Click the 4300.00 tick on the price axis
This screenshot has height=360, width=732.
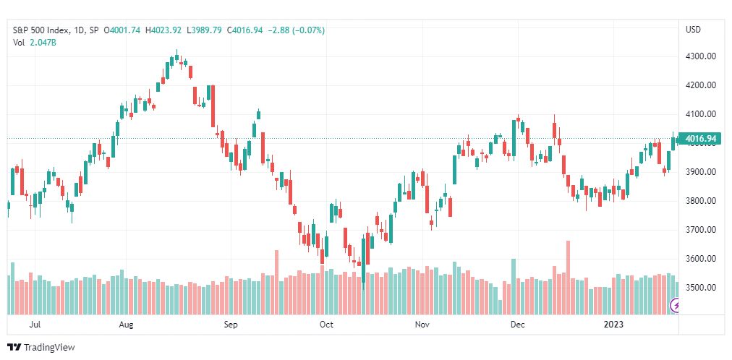[x=701, y=56]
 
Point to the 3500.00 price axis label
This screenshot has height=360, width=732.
[x=701, y=287]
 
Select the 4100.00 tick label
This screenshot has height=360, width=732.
[x=701, y=114]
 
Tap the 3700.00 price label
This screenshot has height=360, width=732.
[x=701, y=229]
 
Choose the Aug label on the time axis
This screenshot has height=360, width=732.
[x=126, y=325]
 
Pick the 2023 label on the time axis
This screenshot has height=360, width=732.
[x=613, y=325]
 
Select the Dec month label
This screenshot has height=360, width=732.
[x=517, y=325]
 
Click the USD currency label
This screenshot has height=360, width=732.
[x=693, y=30]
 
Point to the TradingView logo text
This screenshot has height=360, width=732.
[x=48, y=348]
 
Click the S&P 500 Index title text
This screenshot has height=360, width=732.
[x=41, y=30]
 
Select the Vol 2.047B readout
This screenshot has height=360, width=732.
[x=35, y=42]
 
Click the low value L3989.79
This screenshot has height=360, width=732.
[x=205, y=30]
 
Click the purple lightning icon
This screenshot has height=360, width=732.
[x=675, y=306]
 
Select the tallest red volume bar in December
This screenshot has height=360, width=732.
[x=568, y=278]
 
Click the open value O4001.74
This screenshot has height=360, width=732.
[x=122, y=30]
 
